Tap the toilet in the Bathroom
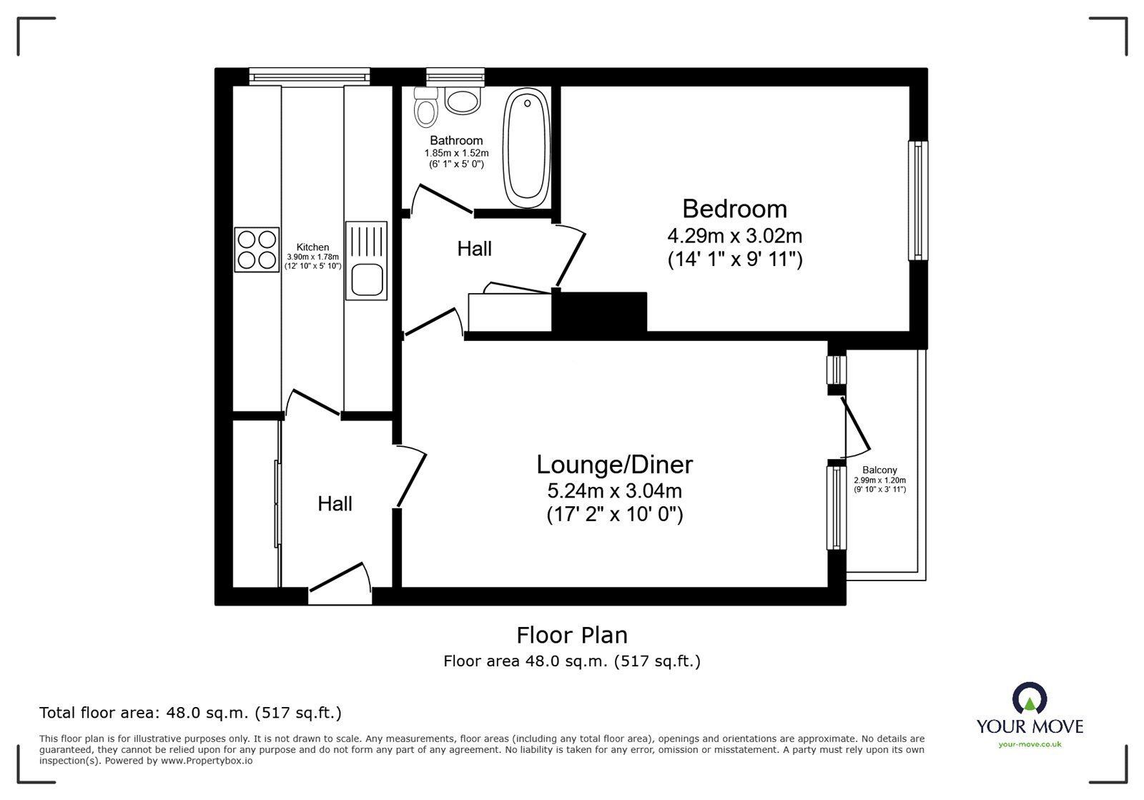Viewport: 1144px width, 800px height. (x=425, y=107)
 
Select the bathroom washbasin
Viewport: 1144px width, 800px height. (x=463, y=100)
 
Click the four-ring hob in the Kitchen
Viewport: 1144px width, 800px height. (x=257, y=250)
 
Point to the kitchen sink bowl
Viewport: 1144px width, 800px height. (x=368, y=280)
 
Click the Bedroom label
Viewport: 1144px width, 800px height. (x=734, y=209)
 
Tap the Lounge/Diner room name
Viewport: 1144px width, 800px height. (x=614, y=465)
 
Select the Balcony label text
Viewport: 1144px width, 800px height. (x=879, y=470)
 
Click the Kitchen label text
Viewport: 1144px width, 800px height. (x=312, y=247)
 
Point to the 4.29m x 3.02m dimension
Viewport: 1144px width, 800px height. (x=734, y=236)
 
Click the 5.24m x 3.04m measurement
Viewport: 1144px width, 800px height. (x=614, y=491)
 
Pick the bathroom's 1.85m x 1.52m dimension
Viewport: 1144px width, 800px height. (x=456, y=153)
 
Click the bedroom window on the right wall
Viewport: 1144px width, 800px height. (x=918, y=201)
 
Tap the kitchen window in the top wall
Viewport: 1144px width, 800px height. (x=310, y=76)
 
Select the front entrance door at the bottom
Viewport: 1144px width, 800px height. (x=340, y=584)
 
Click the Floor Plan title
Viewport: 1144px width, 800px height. (x=572, y=636)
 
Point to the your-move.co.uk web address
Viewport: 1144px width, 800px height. (x=1030, y=744)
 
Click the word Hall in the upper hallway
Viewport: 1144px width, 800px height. (x=475, y=249)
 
